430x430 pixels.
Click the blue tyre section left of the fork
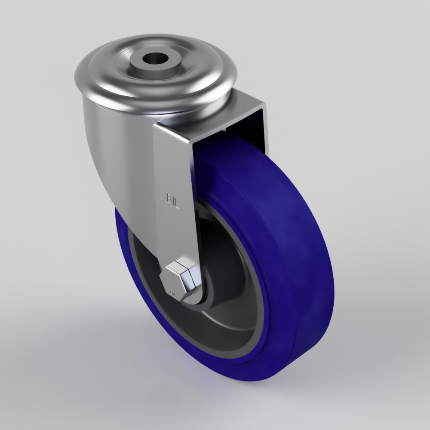125,241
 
